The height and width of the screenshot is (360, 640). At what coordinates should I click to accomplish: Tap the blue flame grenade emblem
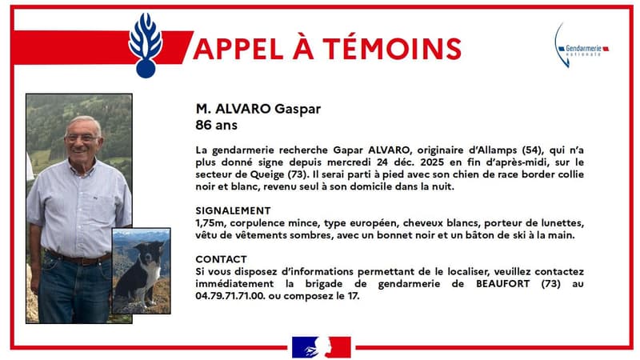coord(146,45)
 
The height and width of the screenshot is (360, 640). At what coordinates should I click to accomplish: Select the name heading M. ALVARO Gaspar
coord(254,109)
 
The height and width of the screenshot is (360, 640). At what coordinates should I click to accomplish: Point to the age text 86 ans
coord(216,126)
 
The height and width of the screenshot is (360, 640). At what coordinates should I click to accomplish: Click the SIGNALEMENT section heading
coord(233,210)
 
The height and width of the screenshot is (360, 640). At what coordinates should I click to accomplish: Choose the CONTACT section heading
coord(221,259)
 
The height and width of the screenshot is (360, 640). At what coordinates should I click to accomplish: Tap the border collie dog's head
coord(146,254)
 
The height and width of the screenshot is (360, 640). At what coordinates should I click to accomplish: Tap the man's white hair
coord(83,122)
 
